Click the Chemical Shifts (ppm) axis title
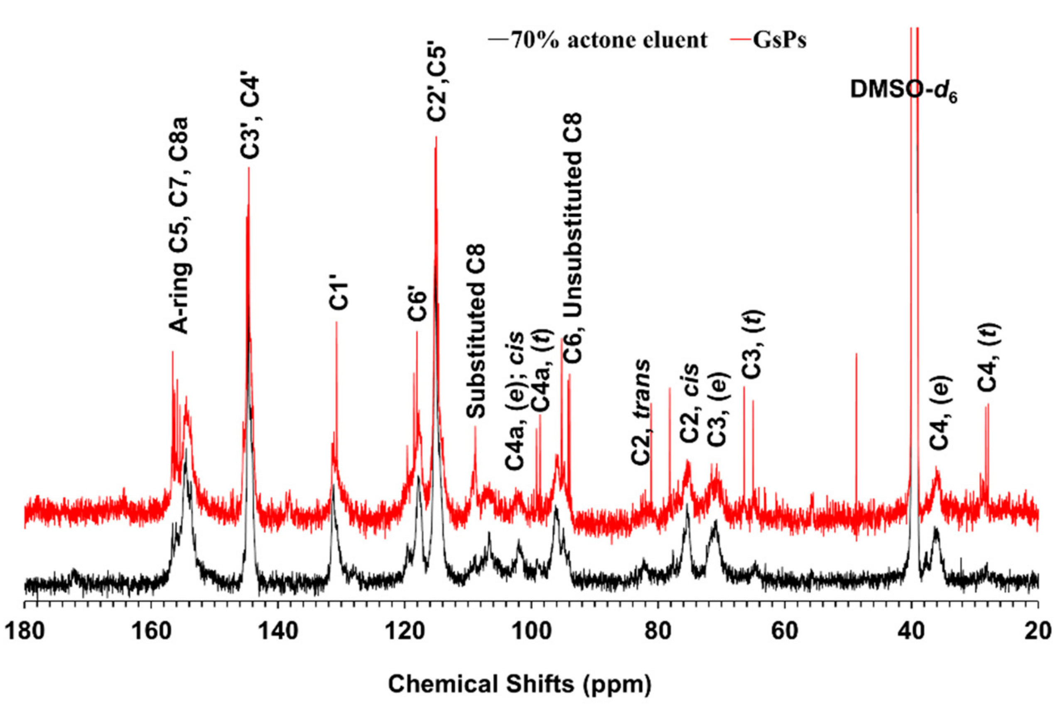click(520, 684)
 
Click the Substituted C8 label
click(476, 331)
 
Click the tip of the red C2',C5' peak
click(436, 137)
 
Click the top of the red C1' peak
click(336, 322)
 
